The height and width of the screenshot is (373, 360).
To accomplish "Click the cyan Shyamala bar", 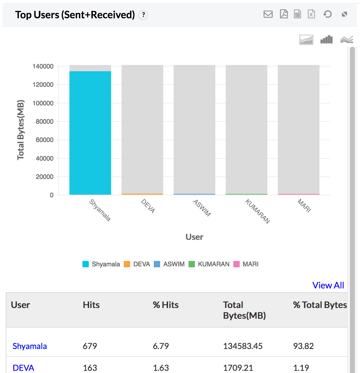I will [90, 133].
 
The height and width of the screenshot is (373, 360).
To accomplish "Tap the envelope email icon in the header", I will [268, 14].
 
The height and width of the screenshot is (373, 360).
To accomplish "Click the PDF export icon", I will [284, 14].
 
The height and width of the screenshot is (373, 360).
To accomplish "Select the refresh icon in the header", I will [327, 14].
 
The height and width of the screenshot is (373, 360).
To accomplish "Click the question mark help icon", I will [143, 15].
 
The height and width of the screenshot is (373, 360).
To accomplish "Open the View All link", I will [328, 285].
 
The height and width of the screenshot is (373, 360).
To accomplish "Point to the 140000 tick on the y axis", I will [43, 66].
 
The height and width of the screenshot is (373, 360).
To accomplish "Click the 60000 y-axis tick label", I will [45, 140].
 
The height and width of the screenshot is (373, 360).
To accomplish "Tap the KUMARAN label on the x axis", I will [258, 211].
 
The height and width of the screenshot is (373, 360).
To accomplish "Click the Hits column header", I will [91, 305].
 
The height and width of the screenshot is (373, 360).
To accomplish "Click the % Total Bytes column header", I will [320, 305].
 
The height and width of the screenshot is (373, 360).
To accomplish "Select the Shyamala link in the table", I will [30, 346].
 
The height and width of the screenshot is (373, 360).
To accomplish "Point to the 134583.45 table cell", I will [243, 346].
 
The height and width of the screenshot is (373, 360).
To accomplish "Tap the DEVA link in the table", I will [23, 368].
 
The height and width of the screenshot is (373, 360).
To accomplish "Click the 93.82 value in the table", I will [303, 346].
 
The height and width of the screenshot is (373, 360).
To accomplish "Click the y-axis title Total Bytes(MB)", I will [21, 130].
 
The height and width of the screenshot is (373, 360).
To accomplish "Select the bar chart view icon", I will [327, 39].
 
